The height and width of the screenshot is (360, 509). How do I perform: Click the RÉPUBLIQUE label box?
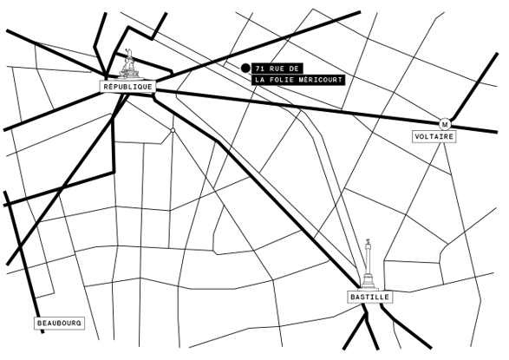[x=127, y=87]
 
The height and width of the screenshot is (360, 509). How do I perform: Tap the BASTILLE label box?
[x=369, y=297]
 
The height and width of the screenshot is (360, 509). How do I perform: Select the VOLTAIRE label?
[x=434, y=136]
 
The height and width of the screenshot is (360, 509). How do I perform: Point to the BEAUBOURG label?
[x=59, y=324]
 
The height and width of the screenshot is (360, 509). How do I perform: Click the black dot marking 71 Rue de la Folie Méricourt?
[x=245, y=68]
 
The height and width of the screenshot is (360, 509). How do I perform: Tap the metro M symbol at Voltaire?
[x=445, y=124]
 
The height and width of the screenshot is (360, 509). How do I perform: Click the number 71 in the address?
[x=259, y=69]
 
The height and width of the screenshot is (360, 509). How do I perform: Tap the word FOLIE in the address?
[x=283, y=80]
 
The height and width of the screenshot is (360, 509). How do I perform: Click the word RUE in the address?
[x=277, y=69]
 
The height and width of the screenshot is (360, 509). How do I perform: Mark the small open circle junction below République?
[x=173, y=130]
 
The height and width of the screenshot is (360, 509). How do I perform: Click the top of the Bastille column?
[x=368, y=239]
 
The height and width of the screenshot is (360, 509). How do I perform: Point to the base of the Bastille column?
[x=369, y=283]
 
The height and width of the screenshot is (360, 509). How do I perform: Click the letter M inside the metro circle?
[x=445, y=124]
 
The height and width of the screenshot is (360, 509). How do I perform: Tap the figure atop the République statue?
[x=129, y=54]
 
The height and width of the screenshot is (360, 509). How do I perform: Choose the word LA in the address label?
[x=259, y=80]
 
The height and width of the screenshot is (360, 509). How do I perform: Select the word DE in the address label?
[x=294, y=69]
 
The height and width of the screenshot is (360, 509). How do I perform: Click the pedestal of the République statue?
[x=130, y=75]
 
